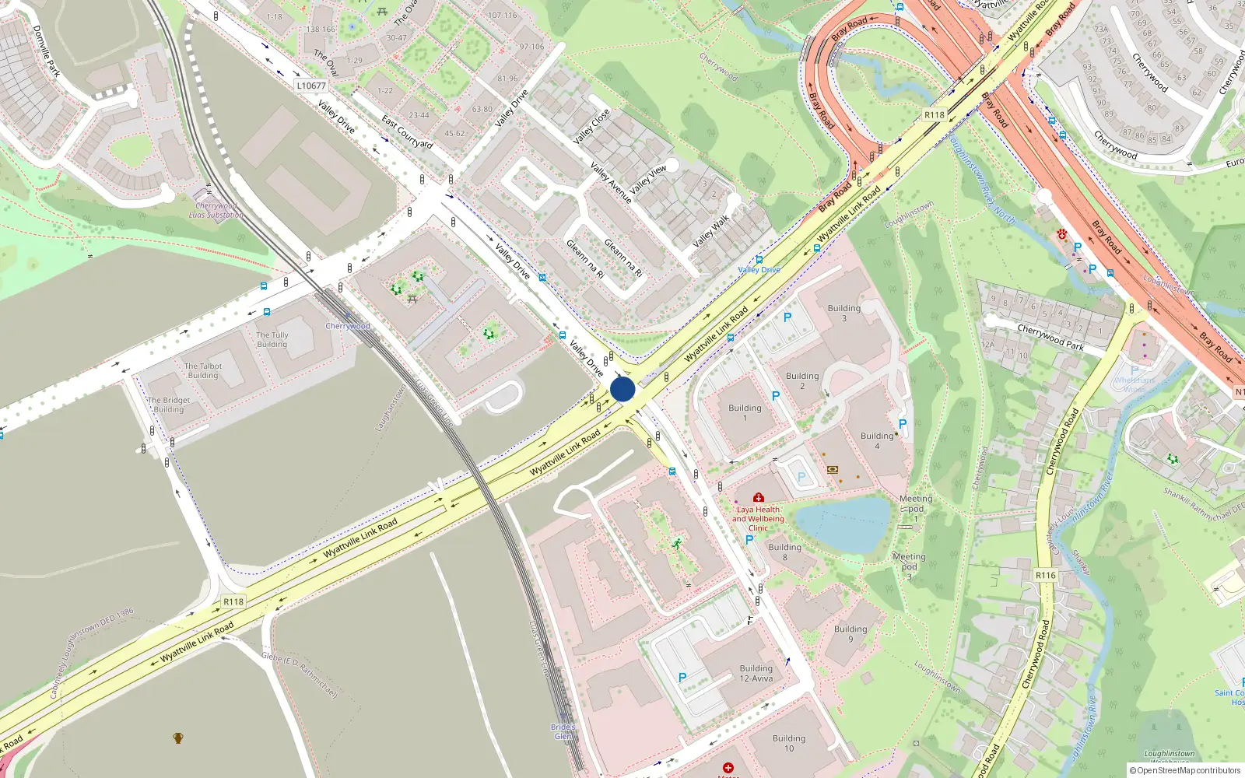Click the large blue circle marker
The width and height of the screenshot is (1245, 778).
pyautogui.click(x=622, y=389)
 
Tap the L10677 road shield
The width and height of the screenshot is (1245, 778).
pyautogui.click(x=311, y=86)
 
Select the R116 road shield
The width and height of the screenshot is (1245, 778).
pyautogui.click(x=1045, y=575)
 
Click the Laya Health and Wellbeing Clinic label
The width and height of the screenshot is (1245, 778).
pyautogui.click(x=758, y=518)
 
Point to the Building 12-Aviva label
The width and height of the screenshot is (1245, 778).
pyautogui.click(x=756, y=673)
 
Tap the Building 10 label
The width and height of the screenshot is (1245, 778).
pyautogui.click(x=789, y=743)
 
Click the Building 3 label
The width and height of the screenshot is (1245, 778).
pyautogui.click(x=844, y=313)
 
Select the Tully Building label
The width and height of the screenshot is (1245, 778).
pyautogui.click(x=272, y=339)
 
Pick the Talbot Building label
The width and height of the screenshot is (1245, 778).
pyautogui.click(x=203, y=370)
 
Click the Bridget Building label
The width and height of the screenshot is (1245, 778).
pyautogui.click(x=169, y=405)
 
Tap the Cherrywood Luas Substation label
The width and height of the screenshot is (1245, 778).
pyautogui.click(x=216, y=210)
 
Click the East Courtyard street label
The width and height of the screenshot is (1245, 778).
pyautogui.click(x=407, y=131)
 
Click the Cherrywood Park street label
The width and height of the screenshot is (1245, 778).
pyautogui.click(x=1050, y=338)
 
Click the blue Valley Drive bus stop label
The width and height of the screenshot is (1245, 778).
pyautogui.click(x=759, y=270)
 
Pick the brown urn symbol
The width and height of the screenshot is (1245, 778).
pyautogui.click(x=178, y=738)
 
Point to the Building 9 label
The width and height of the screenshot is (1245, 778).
pyautogui.click(x=850, y=633)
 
